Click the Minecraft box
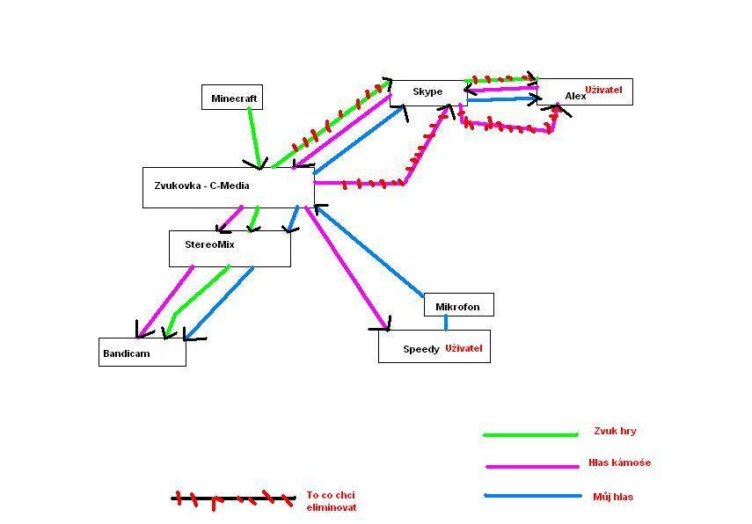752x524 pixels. pyautogui.click(x=232, y=98)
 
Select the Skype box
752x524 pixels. pyautogui.click(x=428, y=92)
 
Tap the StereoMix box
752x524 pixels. pyautogui.click(x=230, y=248)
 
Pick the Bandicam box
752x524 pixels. pyautogui.click(x=142, y=353)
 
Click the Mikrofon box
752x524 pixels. pyautogui.click(x=458, y=306)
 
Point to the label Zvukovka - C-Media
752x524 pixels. pyautogui.click(x=201, y=186)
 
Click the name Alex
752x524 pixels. pyautogui.click(x=574, y=96)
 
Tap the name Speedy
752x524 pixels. pyautogui.click(x=421, y=349)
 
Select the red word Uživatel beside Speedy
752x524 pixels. pyautogui.click(x=464, y=348)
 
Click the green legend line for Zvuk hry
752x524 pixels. pyautogui.click(x=530, y=434)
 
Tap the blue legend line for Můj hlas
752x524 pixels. pyautogui.click(x=532, y=497)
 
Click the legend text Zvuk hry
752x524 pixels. pyautogui.click(x=615, y=431)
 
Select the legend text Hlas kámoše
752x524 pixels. pyautogui.click(x=619, y=462)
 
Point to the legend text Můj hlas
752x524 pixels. pyautogui.click(x=613, y=497)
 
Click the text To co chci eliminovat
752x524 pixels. pyautogui.click(x=332, y=501)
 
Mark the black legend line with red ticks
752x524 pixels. pyautogui.click(x=233, y=499)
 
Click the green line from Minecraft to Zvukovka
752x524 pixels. pyautogui.click(x=253, y=135)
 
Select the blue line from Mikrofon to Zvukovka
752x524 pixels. pyautogui.click(x=369, y=251)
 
